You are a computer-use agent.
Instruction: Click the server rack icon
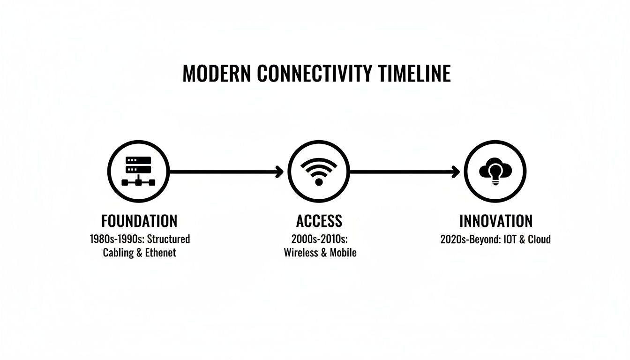pyautogui.click(x=138, y=172)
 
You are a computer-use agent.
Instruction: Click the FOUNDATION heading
pyautogui.click(x=139, y=221)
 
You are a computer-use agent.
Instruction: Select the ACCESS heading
pyautogui.click(x=319, y=221)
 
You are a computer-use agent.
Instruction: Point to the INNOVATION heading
pyautogui.click(x=496, y=221)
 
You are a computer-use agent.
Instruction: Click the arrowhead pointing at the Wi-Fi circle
pyautogui.click(x=280, y=172)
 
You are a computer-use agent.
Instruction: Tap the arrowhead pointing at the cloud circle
pyautogui.click(x=456, y=172)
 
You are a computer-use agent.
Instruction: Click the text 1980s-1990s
pyautogui.click(x=116, y=239)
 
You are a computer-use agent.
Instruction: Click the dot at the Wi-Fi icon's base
pyautogui.click(x=319, y=181)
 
